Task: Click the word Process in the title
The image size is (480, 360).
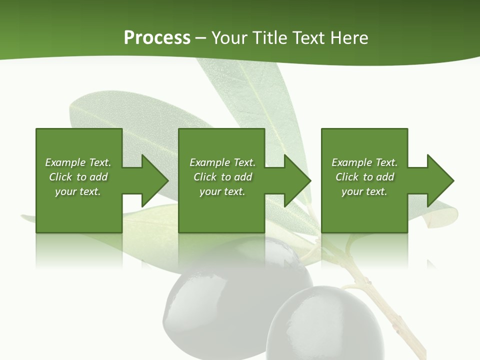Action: click(157, 38)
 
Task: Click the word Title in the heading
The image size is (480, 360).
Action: click(267, 38)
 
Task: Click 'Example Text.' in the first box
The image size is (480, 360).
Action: click(78, 162)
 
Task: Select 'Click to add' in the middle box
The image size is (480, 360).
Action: click(222, 177)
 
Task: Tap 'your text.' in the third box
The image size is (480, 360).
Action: click(364, 191)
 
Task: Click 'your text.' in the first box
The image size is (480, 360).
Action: click(78, 191)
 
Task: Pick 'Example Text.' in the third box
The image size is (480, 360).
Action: click(364, 162)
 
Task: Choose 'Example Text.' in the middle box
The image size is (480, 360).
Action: click(222, 162)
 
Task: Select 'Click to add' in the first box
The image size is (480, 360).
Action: click(78, 177)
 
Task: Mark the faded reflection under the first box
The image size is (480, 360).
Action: click(79, 250)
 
